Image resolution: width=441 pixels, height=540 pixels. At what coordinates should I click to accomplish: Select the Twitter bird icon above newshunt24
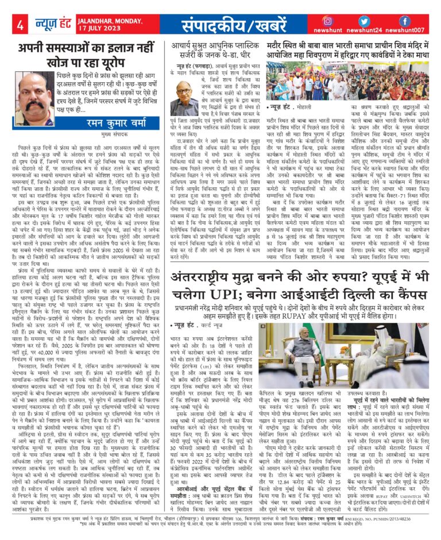click(x=367, y=21)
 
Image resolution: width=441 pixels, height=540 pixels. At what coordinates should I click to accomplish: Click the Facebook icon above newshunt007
click(x=404, y=21)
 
